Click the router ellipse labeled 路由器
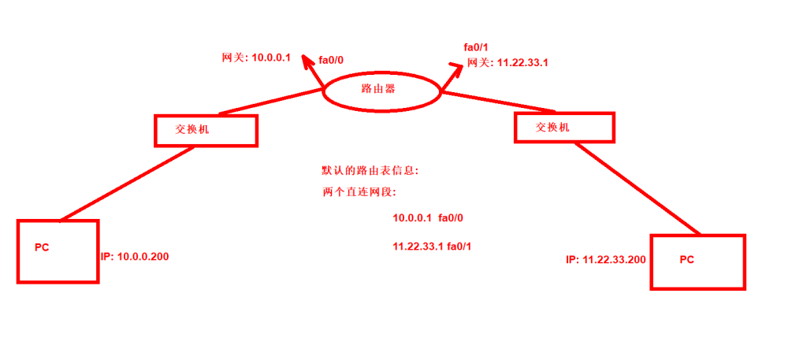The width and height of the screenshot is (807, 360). pos(381,91)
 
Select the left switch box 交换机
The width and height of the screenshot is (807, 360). pos(206,131)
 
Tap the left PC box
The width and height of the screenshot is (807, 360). pos(57,251)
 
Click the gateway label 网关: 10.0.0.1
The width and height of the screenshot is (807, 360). pos(257,58)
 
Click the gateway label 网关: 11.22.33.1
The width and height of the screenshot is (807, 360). pos(508,62)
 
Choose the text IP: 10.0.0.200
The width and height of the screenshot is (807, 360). pos(135,257)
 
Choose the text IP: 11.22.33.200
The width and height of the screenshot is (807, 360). pos(606,259)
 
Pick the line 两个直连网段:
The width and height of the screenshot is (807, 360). pos(359,192)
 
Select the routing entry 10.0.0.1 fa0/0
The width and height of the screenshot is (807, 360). pos(433,218)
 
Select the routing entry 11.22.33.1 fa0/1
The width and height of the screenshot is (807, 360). pos(432,247)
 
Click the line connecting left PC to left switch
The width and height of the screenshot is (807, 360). pos(126,183)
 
